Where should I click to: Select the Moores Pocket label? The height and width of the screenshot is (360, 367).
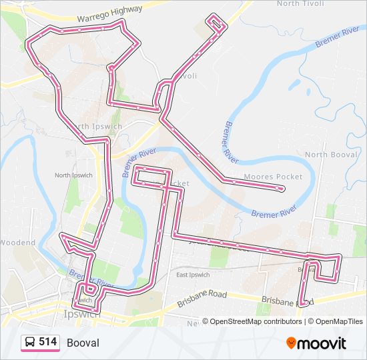[x=273, y=177]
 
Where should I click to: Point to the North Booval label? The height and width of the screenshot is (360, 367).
[x=331, y=155]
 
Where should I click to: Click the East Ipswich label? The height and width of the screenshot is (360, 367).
[x=194, y=275]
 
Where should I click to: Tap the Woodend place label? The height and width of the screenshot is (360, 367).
[x=17, y=243]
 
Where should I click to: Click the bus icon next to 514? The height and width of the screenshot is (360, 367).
[x=30, y=343]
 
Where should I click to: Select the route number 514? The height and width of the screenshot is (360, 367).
[x=47, y=342]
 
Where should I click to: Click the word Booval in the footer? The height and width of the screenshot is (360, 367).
[x=83, y=343]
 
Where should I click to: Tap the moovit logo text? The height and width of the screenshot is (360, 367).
[x=322, y=343]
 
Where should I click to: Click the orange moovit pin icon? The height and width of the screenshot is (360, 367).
[x=291, y=343]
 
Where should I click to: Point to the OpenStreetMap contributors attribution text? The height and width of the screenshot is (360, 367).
[x=254, y=321]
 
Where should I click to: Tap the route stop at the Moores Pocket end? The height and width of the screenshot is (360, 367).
[x=280, y=189]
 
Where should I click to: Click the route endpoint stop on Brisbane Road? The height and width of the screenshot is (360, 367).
[x=301, y=303]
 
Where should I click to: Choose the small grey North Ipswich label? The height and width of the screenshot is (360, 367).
[x=73, y=175]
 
